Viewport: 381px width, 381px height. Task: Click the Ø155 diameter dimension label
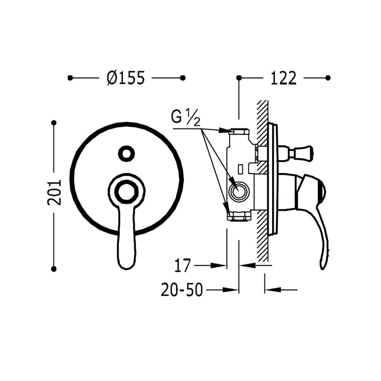126,78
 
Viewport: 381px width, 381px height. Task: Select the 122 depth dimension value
283,78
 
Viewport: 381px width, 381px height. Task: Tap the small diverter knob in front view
127,153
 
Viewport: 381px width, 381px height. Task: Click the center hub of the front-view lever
127,191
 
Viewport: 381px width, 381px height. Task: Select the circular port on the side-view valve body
239,190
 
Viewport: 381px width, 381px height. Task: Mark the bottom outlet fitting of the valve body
238,218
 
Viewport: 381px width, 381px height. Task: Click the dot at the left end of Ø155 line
70,78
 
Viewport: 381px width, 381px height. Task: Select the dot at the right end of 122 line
328,78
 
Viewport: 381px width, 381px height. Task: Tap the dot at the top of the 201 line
54,123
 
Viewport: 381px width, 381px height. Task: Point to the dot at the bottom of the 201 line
54,268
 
